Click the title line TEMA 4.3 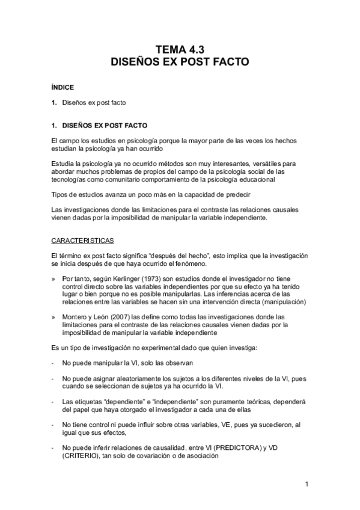pos(179,49)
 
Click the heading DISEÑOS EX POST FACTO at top pos(179,61)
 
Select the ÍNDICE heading pos(63,88)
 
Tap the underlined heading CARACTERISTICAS pos(82,241)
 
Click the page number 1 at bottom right pos(307,484)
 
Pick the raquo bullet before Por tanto pos(53,279)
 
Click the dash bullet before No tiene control pos(53,424)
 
